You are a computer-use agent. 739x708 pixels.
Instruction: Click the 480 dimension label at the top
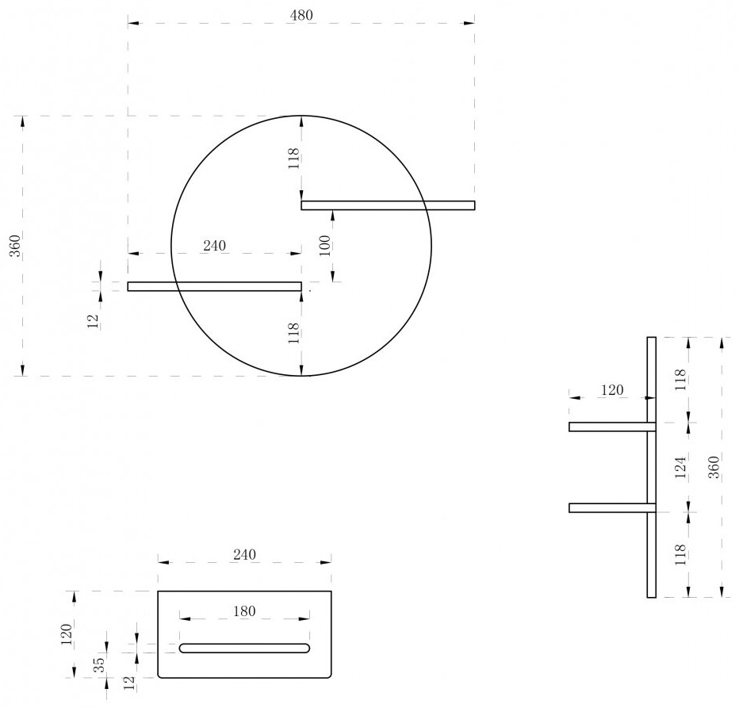pyautogui.click(x=301, y=16)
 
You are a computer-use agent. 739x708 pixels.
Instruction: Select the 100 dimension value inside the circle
pyautogui.click(x=325, y=245)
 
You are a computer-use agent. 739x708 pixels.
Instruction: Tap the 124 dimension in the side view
pyautogui.click(x=680, y=467)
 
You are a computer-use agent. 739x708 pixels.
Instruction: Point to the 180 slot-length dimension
pyautogui.click(x=244, y=611)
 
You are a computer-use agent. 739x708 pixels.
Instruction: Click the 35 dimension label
pyautogui.click(x=99, y=664)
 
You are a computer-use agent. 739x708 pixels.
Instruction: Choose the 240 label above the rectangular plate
pyautogui.click(x=244, y=554)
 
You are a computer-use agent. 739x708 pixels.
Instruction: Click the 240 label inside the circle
pyautogui.click(x=214, y=246)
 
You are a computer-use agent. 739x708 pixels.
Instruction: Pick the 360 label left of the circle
pyautogui.click(x=16, y=246)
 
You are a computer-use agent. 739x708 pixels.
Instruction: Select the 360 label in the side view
pyautogui.click(x=714, y=467)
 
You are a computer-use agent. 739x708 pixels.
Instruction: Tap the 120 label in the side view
pyautogui.click(x=612, y=390)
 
